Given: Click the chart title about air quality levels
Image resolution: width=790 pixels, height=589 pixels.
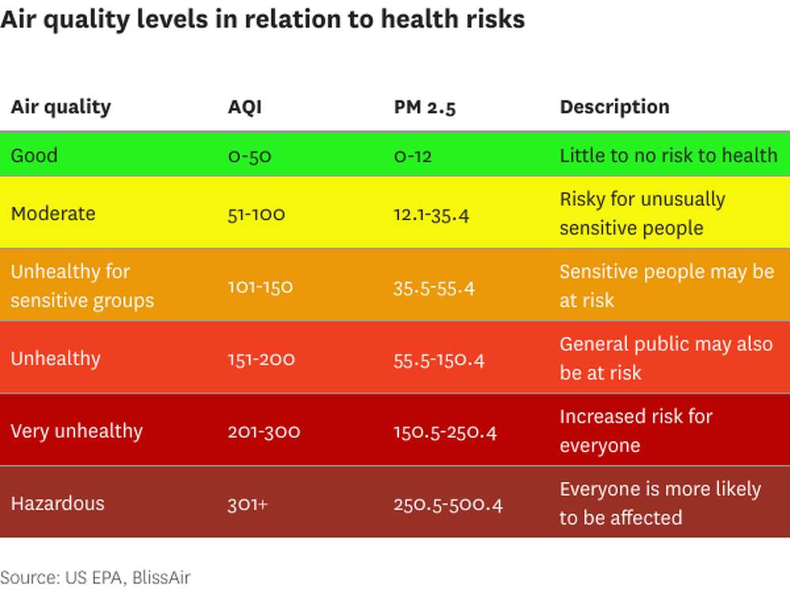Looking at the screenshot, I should tap(263, 19).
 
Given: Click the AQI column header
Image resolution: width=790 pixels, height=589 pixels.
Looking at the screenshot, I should tap(245, 107).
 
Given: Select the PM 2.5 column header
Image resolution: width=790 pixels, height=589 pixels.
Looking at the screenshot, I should tap(424, 107).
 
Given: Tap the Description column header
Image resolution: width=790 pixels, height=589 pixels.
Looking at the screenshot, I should tap(614, 107).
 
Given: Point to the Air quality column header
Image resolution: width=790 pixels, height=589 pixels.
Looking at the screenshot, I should tap(61, 107).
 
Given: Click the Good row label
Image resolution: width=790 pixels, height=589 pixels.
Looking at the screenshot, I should tap(34, 155).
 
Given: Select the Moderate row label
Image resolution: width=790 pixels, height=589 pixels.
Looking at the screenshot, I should tap(53, 214).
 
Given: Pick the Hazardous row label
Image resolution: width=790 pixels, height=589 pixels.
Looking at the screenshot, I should tap(58, 503).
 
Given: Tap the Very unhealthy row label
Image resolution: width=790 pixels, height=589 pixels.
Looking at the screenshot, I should tap(77, 431).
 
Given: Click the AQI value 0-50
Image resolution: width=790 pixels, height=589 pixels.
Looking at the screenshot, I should tap(249, 156).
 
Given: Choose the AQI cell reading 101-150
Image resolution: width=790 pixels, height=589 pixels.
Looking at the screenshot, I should tap(260, 287).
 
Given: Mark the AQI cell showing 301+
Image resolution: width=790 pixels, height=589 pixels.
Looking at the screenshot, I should tap(248, 504).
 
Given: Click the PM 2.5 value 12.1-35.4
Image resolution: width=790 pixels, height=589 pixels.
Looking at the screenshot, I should tap(431, 215).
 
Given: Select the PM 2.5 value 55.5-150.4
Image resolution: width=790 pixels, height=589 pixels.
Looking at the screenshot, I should tap(439, 359).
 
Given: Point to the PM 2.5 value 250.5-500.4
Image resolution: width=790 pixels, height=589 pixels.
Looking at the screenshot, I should tap(448, 504).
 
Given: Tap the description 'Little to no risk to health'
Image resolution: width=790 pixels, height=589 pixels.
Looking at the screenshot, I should tap(668, 155).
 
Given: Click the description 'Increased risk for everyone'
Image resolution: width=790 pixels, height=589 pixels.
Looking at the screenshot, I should tap(636, 431).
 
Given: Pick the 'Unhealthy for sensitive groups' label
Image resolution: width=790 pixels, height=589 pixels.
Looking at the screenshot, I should tap(82, 286).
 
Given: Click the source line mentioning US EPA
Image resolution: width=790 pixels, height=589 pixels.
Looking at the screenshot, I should tap(95, 577).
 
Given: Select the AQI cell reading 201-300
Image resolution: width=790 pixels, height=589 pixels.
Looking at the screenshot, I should tap(264, 431).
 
